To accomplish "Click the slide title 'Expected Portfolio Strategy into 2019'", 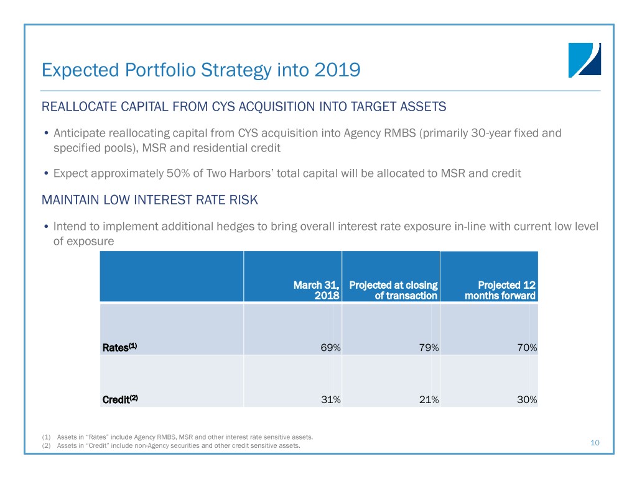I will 200,70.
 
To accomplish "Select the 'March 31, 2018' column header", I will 317,290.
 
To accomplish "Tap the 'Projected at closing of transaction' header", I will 393,290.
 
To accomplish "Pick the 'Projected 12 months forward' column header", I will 500,290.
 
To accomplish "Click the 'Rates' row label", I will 119,348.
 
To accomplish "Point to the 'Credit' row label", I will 119,399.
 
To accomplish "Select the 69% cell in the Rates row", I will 330,348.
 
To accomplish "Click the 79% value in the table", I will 429,348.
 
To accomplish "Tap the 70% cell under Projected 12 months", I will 526,348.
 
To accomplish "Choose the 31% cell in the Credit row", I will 330,400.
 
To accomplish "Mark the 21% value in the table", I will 429,400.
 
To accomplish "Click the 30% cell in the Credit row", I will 526,400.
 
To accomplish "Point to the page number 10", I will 595,443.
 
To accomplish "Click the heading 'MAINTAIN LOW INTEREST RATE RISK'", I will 149,201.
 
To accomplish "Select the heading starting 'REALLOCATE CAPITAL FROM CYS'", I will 244,107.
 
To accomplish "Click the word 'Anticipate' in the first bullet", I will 80,133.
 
